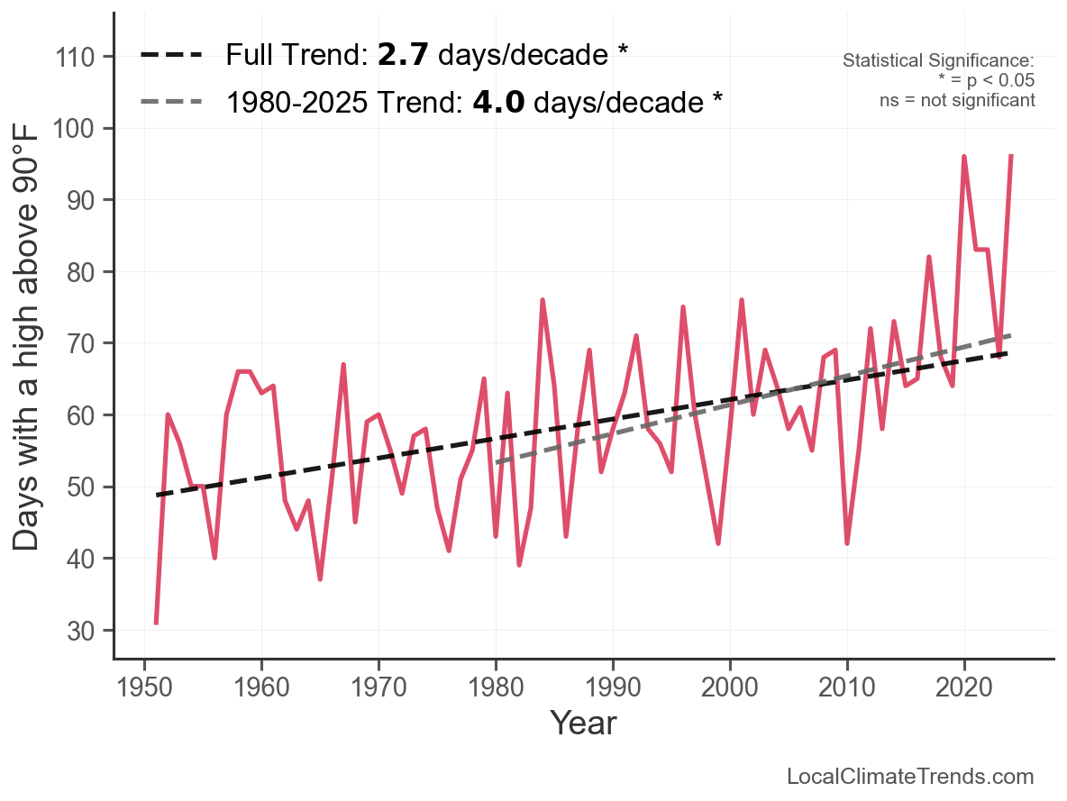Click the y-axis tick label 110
coord(77,57)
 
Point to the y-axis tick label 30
coord(82,631)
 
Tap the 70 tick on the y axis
coord(82,343)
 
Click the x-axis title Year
coord(583,723)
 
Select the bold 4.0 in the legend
coord(498,102)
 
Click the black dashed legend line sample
coord(172,56)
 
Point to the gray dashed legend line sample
coord(172,102)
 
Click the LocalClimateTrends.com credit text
coord(910,777)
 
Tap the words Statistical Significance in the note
coord(938,61)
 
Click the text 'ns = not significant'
coord(957,99)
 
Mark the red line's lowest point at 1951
coord(156,623)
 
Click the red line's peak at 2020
coord(964,157)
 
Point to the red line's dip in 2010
coord(847,543)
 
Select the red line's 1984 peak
coord(543,300)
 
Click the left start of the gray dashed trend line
coord(497,463)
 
